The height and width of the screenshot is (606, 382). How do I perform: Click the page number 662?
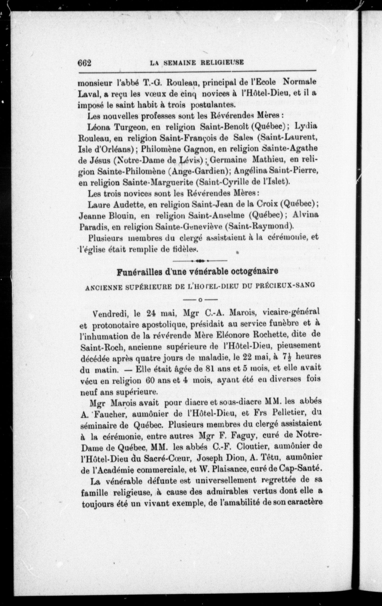[84, 63]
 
